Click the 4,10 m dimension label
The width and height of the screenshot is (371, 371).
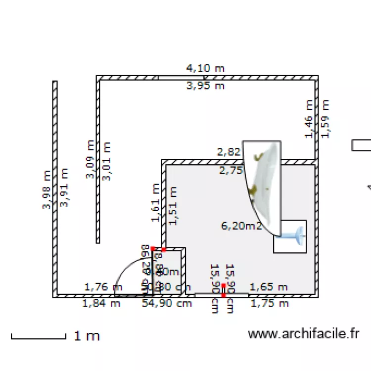(x=205, y=68)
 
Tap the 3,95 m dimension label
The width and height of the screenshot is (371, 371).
(x=205, y=86)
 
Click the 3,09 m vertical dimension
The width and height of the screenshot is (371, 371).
(x=90, y=160)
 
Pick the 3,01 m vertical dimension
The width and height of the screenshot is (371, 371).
(x=106, y=161)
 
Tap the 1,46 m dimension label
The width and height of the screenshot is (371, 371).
(x=309, y=119)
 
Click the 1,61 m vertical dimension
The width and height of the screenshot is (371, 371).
(x=156, y=202)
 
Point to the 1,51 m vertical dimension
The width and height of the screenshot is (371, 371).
(x=173, y=206)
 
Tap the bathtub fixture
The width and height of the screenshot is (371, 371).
(x=263, y=185)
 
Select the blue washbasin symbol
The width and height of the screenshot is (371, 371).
(x=292, y=235)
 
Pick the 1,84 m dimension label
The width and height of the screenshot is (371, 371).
(x=101, y=304)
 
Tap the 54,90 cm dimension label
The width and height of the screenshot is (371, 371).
(x=167, y=304)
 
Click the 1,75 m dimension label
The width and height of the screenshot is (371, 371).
(x=269, y=304)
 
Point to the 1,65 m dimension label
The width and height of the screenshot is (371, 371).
(x=269, y=287)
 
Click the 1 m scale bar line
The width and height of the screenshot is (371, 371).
(x=39, y=338)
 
